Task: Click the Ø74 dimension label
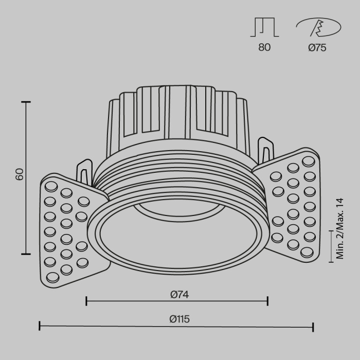(178, 294)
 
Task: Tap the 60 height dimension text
(20, 174)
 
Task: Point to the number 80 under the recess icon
(264, 48)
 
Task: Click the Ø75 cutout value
(317, 48)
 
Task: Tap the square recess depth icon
(264, 27)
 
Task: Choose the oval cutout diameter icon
(317, 27)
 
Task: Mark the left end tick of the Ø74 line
(86, 300)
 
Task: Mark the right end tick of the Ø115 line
(313, 326)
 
